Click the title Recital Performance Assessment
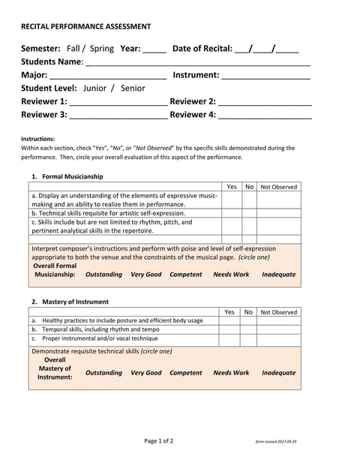(x=85, y=26)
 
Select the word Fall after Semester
(x=73, y=49)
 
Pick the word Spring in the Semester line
(x=102, y=49)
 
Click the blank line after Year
(x=154, y=51)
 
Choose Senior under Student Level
(x=133, y=88)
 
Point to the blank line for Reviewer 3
(x=118, y=117)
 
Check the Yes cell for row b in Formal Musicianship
(x=231, y=213)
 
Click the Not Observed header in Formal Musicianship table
(x=279, y=187)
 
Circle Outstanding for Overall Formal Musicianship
(x=103, y=275)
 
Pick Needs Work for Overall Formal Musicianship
(x=231, y=275)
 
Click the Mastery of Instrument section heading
(x=75, y=302)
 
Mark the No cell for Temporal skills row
(x=249, y=329)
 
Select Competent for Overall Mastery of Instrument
(x=186, y=373)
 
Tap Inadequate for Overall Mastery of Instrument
(x=279, y=373)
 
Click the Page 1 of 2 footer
(x=159, y=441)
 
